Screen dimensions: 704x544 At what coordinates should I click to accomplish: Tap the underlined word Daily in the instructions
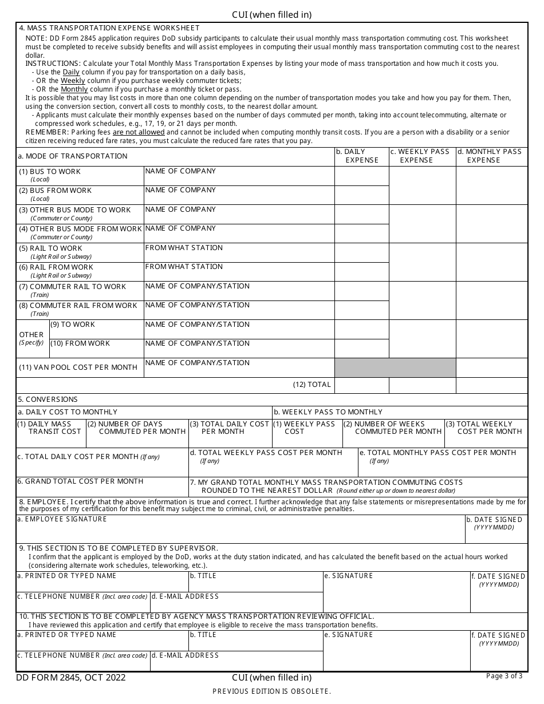tap(71, 72)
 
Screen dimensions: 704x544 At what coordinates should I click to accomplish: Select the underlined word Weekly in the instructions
tap(73, 81)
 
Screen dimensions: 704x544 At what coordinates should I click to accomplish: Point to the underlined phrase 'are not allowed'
tap(139, 132)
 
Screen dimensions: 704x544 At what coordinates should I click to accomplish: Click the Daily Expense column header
tap(361, 156)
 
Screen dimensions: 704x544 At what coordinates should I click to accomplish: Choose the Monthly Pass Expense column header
tap(491, 156)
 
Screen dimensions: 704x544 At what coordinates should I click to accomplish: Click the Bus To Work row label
tap(50, 172)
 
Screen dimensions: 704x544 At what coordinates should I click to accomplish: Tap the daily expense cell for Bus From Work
tap(361, 195)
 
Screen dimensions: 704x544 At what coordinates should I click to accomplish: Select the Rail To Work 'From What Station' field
tap(239, 252)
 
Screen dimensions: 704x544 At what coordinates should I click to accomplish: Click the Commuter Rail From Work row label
tap(78, 306)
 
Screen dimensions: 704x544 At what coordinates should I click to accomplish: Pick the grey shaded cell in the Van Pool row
tap(395, 367)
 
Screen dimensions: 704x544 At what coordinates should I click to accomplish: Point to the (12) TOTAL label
tap(312, 385)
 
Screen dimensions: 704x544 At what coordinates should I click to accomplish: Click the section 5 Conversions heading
tap(48, 400)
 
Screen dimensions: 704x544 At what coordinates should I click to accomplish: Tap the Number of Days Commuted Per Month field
tap(137, 438)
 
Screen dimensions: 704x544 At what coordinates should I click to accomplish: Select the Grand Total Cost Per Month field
tap(102, 487)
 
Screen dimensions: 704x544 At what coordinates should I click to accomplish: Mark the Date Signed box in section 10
tap(498, 655)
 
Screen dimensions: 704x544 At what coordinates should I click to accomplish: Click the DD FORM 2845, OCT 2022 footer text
tap(71, 678)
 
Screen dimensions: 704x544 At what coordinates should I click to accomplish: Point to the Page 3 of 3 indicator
tap(504, 676)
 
